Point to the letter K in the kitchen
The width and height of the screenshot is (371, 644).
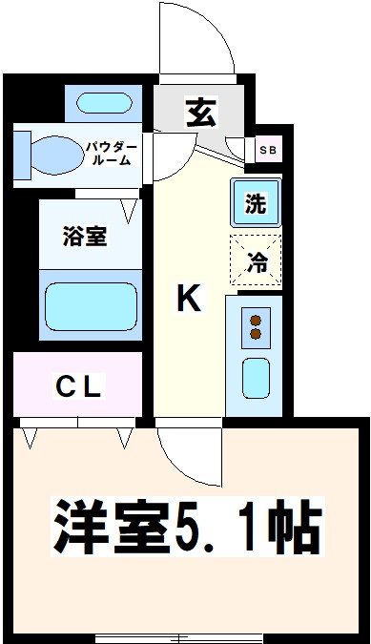pyautogui.click(x=190, y=300)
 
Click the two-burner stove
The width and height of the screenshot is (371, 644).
pyautogui.click(x=255, y=326)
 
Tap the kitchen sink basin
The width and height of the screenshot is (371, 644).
pyautogui.click(x=256, y=377)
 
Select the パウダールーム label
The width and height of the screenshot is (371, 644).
pyautogui.click(x=112, y=154)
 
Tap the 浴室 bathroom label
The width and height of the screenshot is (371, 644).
pyautogui.click(x=84, y=236)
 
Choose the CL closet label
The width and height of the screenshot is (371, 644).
pyautogui.click(x=78, y=387)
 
